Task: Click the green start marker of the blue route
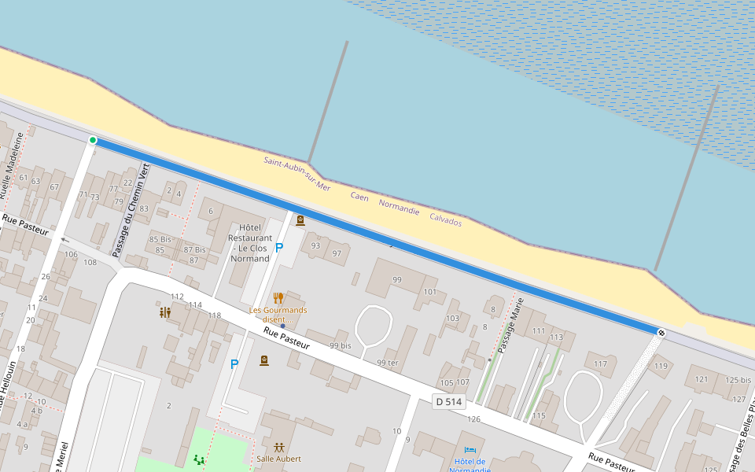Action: tap(93, 140)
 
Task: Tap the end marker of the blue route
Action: tap(661, 333)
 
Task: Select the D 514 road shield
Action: tap(449, 402)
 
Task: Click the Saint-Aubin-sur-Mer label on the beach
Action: tap(297, 174)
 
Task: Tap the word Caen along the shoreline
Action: tap(359, 197)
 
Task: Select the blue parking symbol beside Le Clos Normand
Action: tap(279, 247)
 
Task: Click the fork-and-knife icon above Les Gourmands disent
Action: tap(278, 298)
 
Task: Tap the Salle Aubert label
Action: tap(278, 459)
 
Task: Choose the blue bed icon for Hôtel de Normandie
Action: tap(470, 450)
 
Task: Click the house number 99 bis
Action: tap(340, 346)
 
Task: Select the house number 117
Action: tap(600, 363)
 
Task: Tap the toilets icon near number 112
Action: tap(165, 312)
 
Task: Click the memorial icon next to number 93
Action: tap(300, 221)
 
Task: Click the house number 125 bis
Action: tap(738, 380)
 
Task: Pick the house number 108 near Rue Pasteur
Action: tap(90, 262)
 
